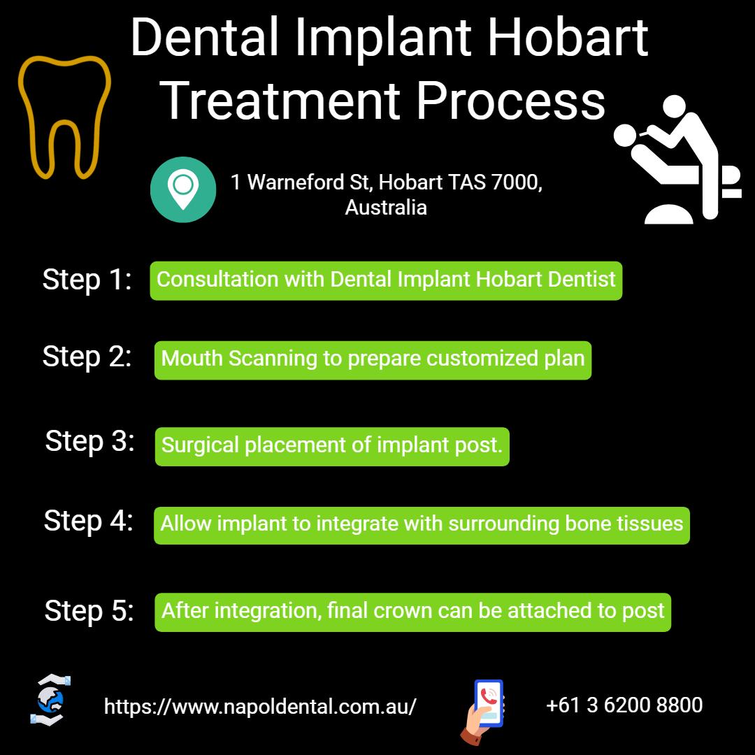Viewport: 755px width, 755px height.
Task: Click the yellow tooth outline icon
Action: pyautogui.click(x=64, y=116)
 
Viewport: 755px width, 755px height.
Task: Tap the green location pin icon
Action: pyautogui.click(x=183, y=189)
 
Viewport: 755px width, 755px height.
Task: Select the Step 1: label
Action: pyautogui.click(x=87, y=280)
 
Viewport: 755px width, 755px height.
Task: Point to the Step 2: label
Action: pyautogui.click(x=87, y=357)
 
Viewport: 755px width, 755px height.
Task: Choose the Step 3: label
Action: pyautogui.click(x=89, y=441)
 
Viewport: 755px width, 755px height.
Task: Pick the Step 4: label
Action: pyautogui.click(x=88, y=521)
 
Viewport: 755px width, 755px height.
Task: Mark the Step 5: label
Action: pyautogui.click(x=89, y=611)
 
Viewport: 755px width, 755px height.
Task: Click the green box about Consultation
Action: pyautogui.click(x=386, y=280)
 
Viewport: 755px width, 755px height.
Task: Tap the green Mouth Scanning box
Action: pyautogui.click(x=373, y=359)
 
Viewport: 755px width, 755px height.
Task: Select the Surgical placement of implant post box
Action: pyautogui.click(x=332, y=446)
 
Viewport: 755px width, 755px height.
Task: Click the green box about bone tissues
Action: pyautogui.click(x=422, y=525)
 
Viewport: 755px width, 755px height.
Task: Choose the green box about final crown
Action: pyautogui.click(x=412, y=612)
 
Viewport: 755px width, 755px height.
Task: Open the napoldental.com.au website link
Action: pyautogui.click(x=260, y=707)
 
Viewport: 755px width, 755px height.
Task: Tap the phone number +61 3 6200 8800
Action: pyautogui.click(x=624, y=705)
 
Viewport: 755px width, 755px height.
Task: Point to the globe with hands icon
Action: pyautogui.click(x=50, y=700)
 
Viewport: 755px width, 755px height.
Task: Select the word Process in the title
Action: pyautogui.click(x=511, y=100)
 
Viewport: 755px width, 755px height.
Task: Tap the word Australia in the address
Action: pyautogui.click(x=386, y=208)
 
